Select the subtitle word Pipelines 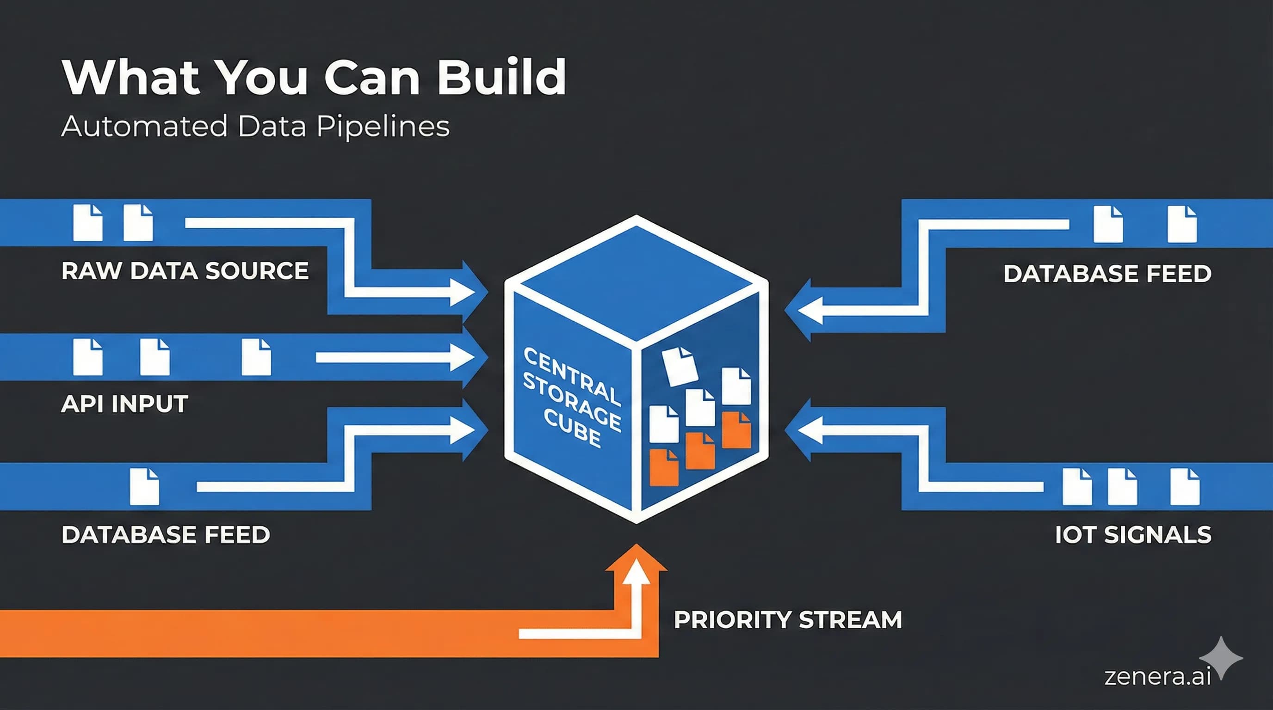(x=383, y=126)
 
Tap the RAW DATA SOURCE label (x=185, y=270)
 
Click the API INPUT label (x=124, y=404)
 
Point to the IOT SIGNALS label (x=1133, y=535)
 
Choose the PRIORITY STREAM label (x=788, y=620)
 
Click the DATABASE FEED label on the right (x=1107, y=274)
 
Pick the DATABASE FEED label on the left (x=166, y=535)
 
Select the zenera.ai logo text (x=1157, y=676)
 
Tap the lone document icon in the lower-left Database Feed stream (x=144, y=487)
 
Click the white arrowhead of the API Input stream (x=464, y=357)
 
